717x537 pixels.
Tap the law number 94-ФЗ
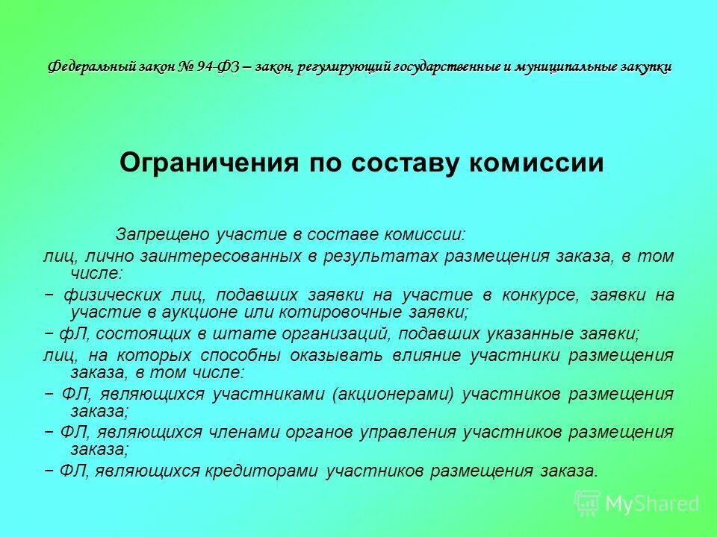pyautogui.click(x=217, y=67)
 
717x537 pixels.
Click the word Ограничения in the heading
pyautogui.click(x=204, y=162)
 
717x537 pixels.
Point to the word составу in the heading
pyautogui.click(x=396, y=162)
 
